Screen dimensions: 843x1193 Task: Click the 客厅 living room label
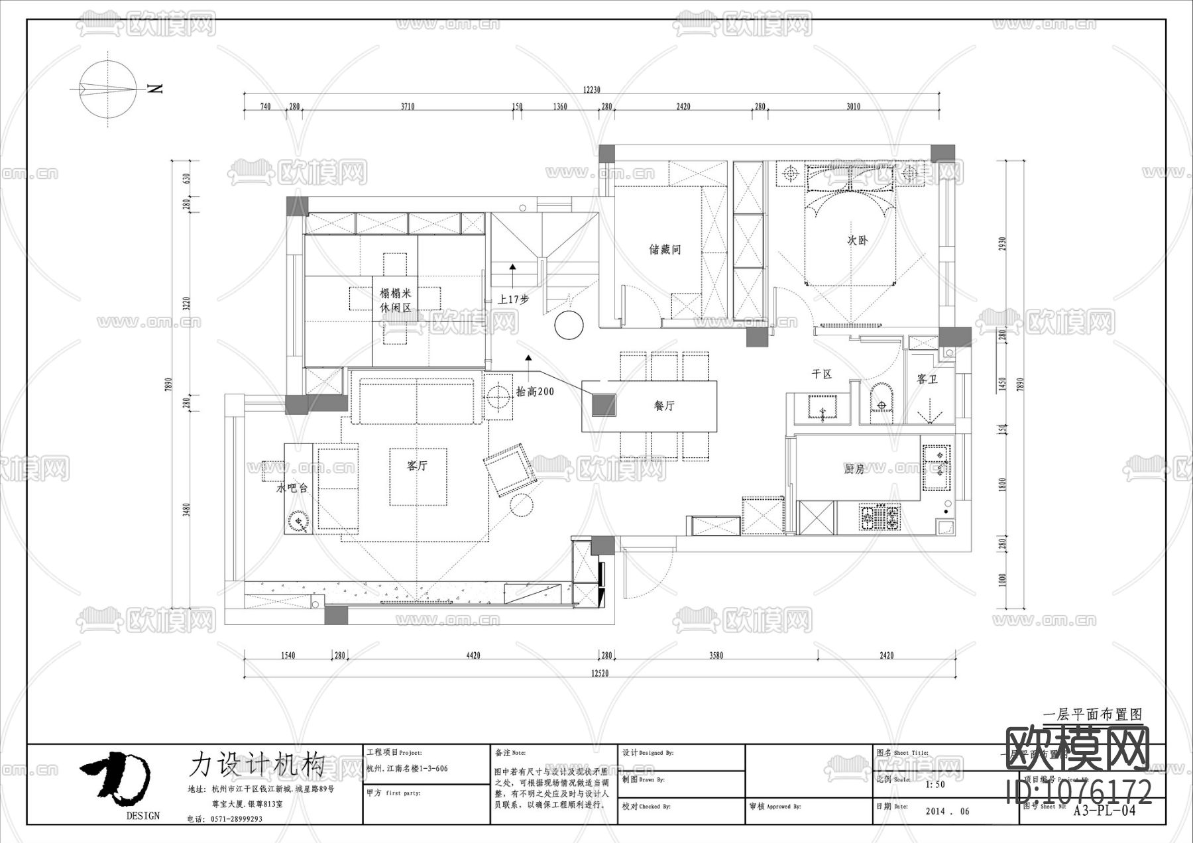[417, 466]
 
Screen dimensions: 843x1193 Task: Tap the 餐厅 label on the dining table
[663, 406]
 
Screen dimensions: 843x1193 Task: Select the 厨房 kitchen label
[854, 469]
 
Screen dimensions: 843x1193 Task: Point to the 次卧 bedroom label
[857, 241]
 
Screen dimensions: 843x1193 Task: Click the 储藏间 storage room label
[665, 249]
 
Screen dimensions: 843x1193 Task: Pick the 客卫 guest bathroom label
[927, 379]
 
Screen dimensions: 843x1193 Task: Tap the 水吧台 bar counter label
[292, 488]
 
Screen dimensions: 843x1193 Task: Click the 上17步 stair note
[514, 299]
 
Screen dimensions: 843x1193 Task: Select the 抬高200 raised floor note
[535, 392]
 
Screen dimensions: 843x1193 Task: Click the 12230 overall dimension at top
[591, 90]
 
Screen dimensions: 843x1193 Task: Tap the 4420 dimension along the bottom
[473, 655]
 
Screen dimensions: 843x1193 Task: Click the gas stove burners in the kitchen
[880, 518]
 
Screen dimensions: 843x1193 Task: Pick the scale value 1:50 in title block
[935, 785]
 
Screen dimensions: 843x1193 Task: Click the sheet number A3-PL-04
[1104, 811]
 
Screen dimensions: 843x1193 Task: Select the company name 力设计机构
[257, 764]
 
